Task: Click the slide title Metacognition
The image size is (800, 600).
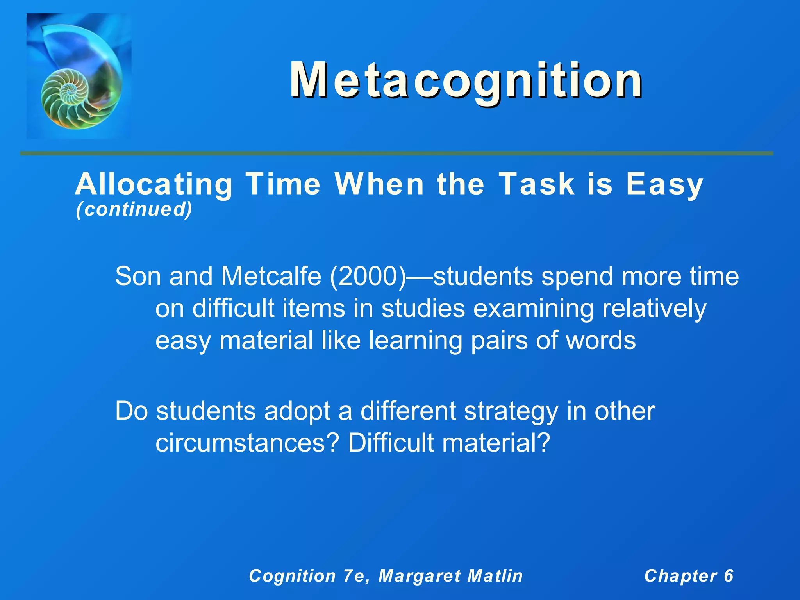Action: pos(466,81)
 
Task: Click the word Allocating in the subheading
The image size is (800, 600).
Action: pos(154,184)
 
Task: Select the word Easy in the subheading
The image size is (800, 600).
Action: pos(664,184)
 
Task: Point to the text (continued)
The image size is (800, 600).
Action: pos(134,209)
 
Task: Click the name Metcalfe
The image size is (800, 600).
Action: pos(271,276)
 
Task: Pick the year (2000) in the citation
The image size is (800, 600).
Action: pos(368,276)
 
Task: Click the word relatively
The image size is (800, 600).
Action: pos(654,308)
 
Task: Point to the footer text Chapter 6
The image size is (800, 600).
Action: pos(689,576)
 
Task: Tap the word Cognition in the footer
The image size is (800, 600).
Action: pos(293,576)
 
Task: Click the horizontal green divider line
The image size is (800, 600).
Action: pos(396,154)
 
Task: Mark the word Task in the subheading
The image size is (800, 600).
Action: pos(537,184)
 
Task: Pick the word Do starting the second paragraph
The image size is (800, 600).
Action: pos(132,411)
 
